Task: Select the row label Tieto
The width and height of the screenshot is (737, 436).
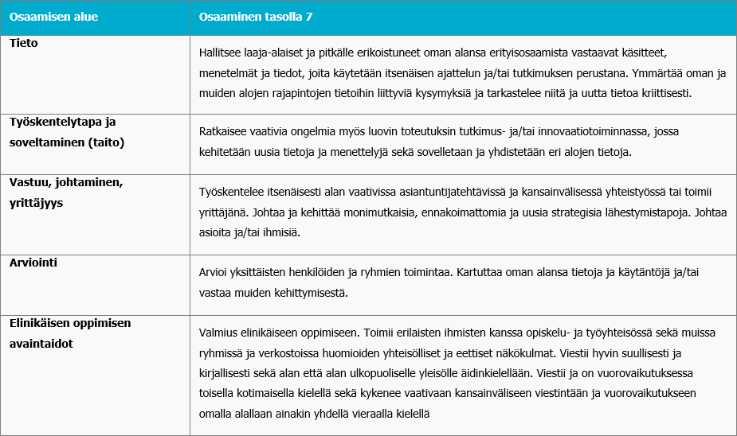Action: [24, 43]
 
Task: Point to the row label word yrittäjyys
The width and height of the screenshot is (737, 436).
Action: [36, 202]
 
